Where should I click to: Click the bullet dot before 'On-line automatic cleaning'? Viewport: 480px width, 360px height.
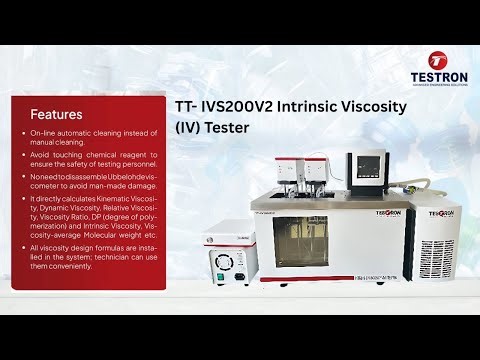pos(23,135)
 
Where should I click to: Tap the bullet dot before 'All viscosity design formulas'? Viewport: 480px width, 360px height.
pos(23,246)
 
